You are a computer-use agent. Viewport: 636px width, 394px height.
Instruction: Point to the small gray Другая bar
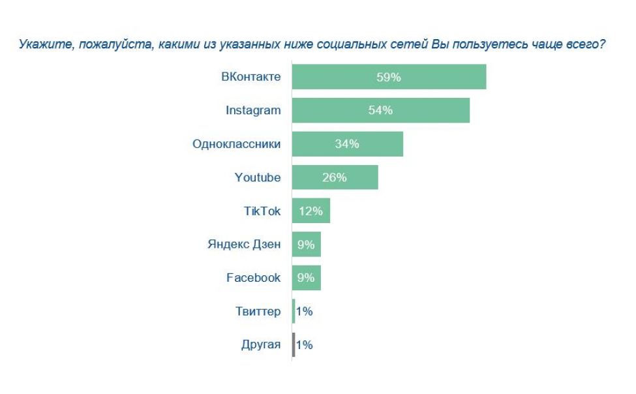pos(294,344)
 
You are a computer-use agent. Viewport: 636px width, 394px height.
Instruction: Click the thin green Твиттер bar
pos(294,311)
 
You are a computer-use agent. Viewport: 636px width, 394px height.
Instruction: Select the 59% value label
pos(388,77)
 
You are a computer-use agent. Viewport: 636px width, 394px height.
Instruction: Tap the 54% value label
pos(380,110)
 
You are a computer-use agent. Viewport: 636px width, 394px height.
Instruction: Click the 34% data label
pos(347,144)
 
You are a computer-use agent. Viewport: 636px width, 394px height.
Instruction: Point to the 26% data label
pos(335,177)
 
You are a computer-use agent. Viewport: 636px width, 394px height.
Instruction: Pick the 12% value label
pos(310,211)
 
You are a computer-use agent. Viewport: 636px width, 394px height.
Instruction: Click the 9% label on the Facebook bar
pos(306,278)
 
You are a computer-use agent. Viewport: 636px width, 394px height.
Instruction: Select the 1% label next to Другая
pos(305,345)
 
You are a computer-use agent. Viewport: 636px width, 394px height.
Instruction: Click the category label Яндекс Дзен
pos(244,245)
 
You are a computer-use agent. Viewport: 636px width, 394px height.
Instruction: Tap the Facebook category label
pos(253,278)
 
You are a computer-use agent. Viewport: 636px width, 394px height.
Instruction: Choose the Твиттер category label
pos(258,311)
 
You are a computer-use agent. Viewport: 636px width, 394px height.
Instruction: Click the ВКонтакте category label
pos(251,77)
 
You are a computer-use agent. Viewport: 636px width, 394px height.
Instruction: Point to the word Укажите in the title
pos(40,45)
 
